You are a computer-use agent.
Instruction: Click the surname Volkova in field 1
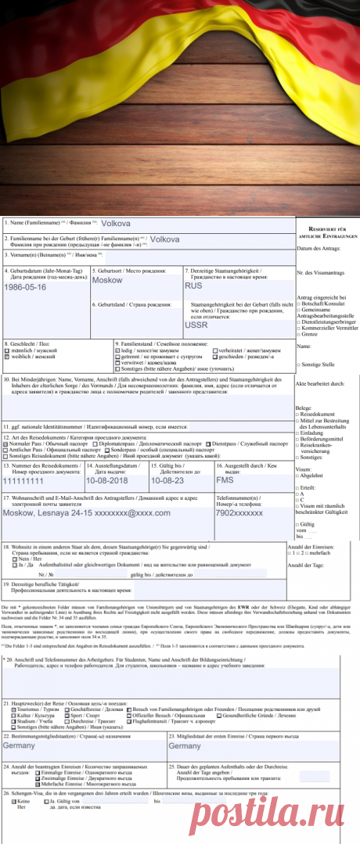click(x=115, y=224)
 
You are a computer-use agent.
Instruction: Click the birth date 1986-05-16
click(x=26, y=287)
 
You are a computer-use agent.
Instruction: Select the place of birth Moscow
click(x=107, y=279)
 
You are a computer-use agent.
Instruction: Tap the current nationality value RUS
click(x=193, y=286)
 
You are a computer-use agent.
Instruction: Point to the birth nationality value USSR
click(x=196, y=325)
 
